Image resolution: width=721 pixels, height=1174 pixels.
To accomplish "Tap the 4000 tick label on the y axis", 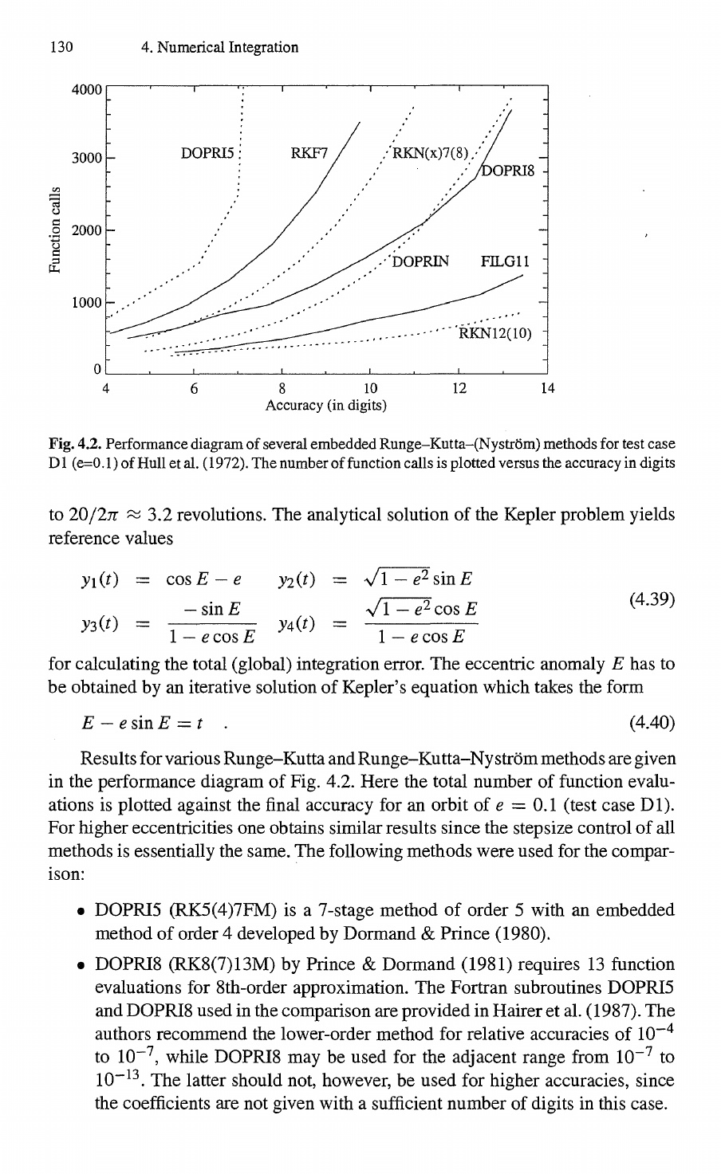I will pos(86,90).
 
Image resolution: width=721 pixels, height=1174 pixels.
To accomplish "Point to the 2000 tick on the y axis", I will pos(86,230).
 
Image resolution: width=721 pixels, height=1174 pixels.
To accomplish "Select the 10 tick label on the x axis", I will pos(370,389).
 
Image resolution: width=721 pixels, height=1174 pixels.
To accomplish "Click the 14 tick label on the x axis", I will pos(546,389).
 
